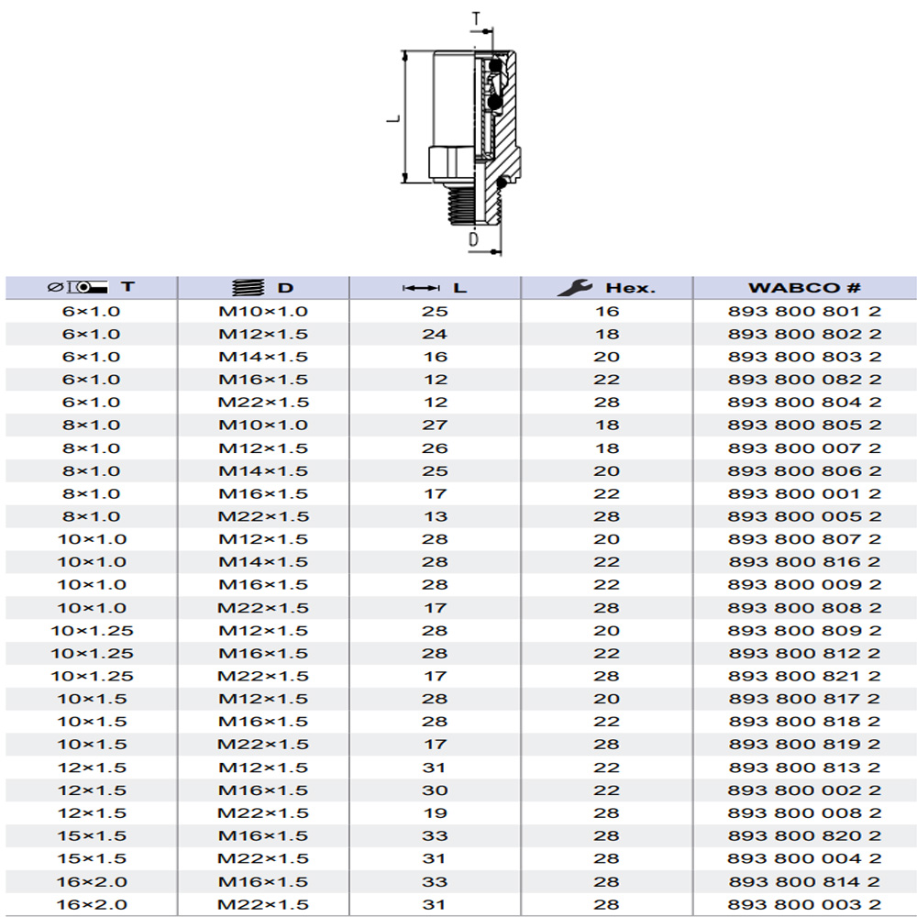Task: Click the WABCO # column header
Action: (804, 288)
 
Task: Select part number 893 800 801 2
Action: (804, 311)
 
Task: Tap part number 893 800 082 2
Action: (804, 380)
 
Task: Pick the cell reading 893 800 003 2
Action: (804, 904)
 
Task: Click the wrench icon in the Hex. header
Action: (574, 287)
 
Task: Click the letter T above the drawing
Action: (476, 18)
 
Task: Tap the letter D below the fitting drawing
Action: (474, 238)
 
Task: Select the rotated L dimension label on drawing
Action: (393, 118)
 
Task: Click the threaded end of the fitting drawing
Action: (474, 204)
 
